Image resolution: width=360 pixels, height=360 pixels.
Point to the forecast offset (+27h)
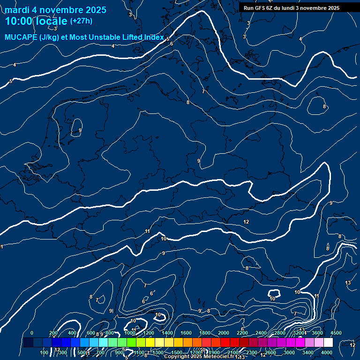click(x=81, y=21)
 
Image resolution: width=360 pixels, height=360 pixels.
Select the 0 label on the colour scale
click(x=32, y=333)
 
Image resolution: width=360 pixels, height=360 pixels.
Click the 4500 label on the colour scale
click(x=336, y=333)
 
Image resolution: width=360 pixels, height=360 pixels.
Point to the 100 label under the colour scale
click(x=45, y=352)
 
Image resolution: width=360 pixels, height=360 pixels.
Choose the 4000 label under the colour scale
click(x=327, y=352)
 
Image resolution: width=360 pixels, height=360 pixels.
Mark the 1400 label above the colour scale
click(x=167, y=333)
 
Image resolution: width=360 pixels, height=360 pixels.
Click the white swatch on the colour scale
click(x=328, y=343)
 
